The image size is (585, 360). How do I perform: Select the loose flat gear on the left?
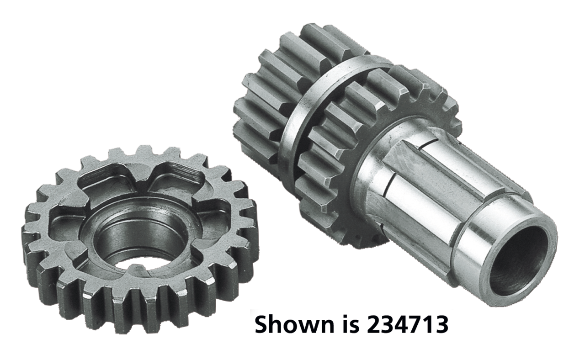point(137,233)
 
